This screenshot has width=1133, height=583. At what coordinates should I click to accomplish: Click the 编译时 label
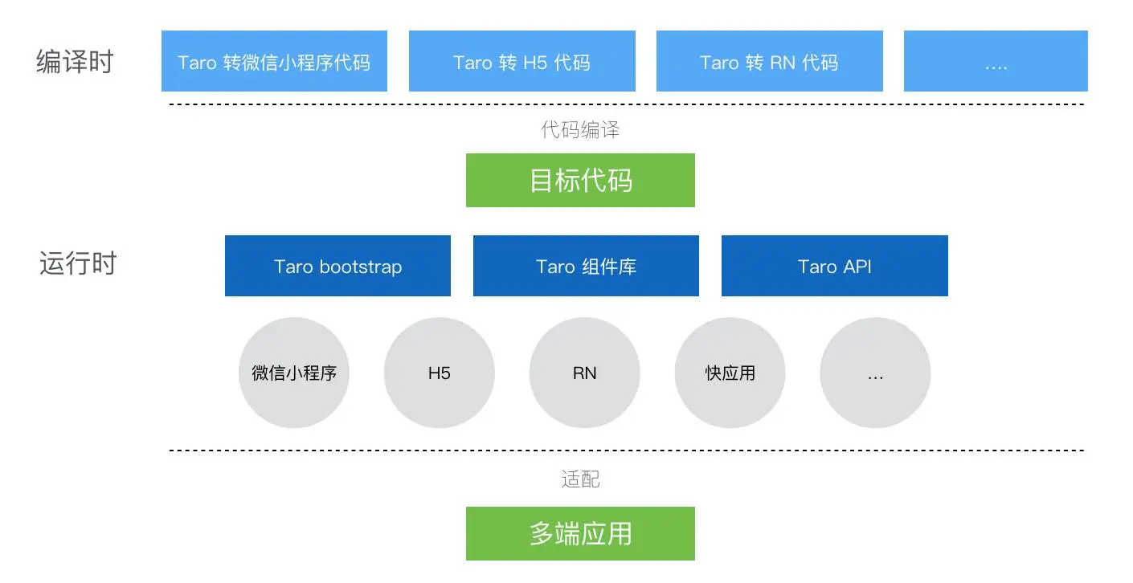pos(75,62)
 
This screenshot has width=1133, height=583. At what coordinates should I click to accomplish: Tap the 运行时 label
pos(77,263)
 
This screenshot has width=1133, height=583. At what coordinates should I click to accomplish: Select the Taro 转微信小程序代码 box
pos(274,61)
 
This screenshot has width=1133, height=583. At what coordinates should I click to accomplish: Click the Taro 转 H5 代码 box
pos(522,61)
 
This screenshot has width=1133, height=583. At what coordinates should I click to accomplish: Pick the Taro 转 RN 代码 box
pos(769,61)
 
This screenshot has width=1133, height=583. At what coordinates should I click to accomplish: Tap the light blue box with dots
pos(996,61)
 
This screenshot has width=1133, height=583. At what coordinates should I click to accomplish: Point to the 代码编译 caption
pos(580,129)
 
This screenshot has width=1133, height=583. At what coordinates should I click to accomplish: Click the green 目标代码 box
pos(580,180)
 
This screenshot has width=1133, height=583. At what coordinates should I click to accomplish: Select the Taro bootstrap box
pos(337,266)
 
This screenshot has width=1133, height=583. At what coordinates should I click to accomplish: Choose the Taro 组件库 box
pos(586,266)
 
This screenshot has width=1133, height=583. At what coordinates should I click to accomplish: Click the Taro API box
pos(834,266)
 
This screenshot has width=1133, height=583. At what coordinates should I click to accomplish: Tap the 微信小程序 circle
pos(294,373)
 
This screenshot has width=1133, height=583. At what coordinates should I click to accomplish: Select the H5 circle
pos(440,373)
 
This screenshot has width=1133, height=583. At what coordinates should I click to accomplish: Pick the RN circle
pos(585,373)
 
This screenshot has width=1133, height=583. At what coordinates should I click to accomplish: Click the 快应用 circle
pos(730,373)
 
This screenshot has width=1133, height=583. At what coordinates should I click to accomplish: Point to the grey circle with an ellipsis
pos(875,373)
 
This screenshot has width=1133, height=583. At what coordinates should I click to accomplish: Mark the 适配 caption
pos(580,479)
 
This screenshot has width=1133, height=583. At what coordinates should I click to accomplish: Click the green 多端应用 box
pos(580,533)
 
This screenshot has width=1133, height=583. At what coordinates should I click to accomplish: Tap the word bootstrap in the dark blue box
pos(361,267)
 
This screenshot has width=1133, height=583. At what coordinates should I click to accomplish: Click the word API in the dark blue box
pos(856,267)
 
